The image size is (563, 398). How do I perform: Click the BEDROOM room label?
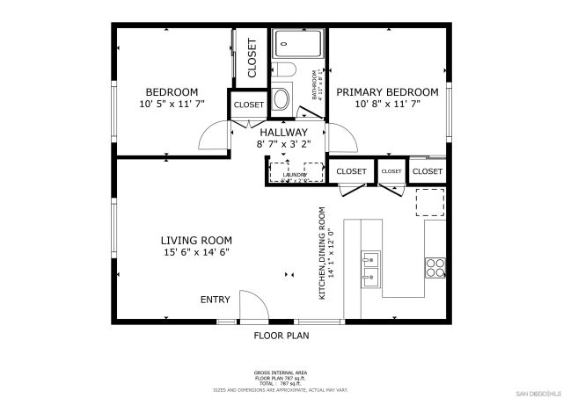tap(172, 92)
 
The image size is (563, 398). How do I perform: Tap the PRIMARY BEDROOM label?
tap(387, 92)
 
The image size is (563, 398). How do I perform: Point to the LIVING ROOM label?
tap(196, 240)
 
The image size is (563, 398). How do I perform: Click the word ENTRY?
tap(216, 300)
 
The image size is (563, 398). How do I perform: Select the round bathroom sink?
tap(281, 98)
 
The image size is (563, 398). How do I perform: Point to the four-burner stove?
tap(435, 267)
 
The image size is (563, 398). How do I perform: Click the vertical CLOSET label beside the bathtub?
tap(252, 57)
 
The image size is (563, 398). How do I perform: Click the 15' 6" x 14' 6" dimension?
tap(196, 253)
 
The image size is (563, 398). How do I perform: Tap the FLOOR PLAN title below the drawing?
tap(281, 335)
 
